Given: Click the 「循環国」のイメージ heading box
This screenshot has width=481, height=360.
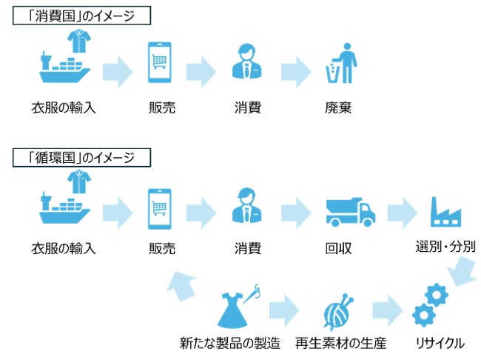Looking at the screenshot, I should point(81,157).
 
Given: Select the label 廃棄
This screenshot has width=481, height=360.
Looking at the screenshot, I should point(337,107).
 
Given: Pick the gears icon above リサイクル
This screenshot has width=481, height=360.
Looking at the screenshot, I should point(430,304).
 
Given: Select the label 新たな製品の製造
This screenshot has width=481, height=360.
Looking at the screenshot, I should point(230,344).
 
